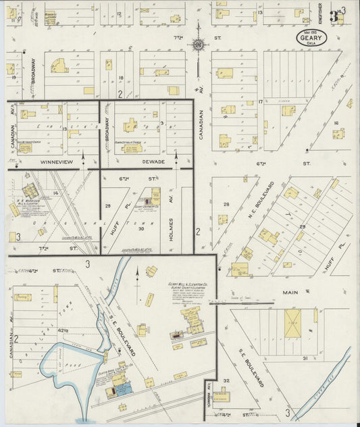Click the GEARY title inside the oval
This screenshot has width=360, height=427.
311,38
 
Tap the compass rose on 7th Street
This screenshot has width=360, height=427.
198,45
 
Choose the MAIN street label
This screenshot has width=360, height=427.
292,292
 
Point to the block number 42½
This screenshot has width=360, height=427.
65,330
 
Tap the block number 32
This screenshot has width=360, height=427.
226,380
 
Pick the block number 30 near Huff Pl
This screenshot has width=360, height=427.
141,229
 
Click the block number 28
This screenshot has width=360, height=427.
226,203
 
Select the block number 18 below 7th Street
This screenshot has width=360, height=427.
121,78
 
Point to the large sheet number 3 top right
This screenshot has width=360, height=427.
334,16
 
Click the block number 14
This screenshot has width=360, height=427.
56,194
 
